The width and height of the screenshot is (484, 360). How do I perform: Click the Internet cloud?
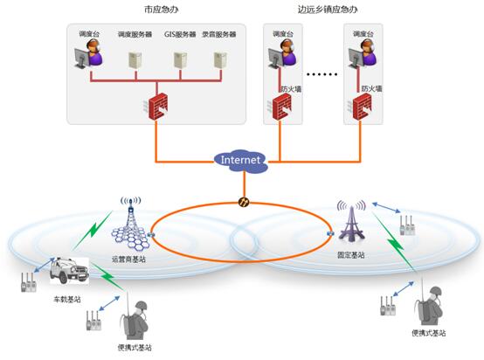click(x=240, y=160)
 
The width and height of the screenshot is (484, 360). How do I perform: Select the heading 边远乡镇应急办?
click(x=328, y=11)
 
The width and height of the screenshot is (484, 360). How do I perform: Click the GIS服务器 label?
click(x=181, y=34)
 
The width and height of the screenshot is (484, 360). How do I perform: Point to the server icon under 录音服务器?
click(x=223, y=60)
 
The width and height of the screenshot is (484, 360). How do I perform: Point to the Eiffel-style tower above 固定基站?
click(x=352, y=224)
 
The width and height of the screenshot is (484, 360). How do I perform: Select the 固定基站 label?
click(x=350, y=255)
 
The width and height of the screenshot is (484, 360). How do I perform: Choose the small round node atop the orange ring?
click(x=244, y=203)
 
